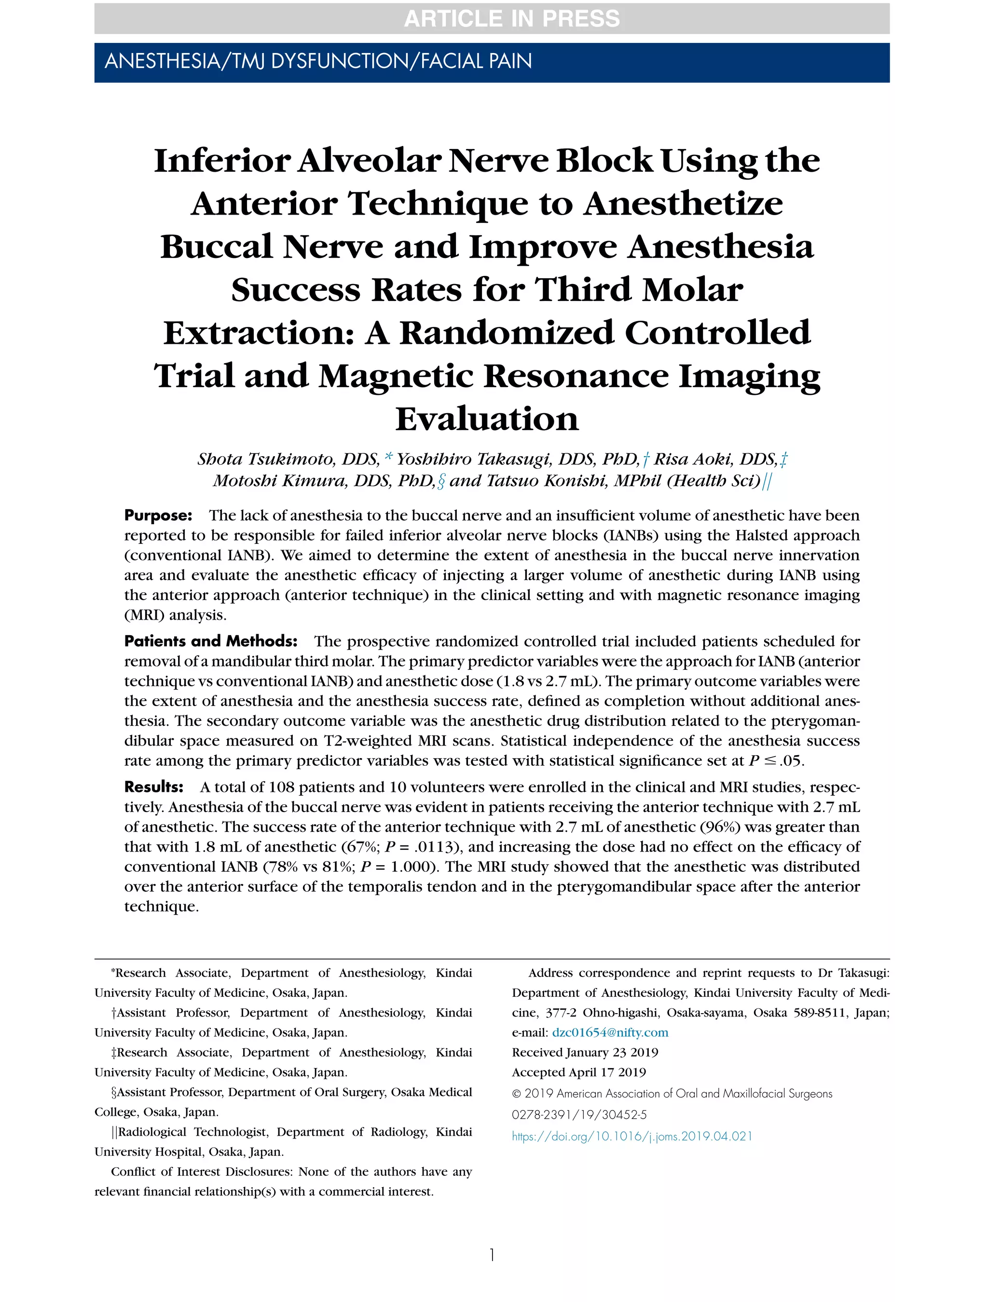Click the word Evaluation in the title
coord(486,419)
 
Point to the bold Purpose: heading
coord(158,515)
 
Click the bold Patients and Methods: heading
coord(210,641)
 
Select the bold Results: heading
coord(154,787)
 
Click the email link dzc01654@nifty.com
coord(609,1032)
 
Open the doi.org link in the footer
coord(632,1136)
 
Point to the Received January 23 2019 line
coord(585,1052)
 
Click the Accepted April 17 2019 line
coord(579,1072)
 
